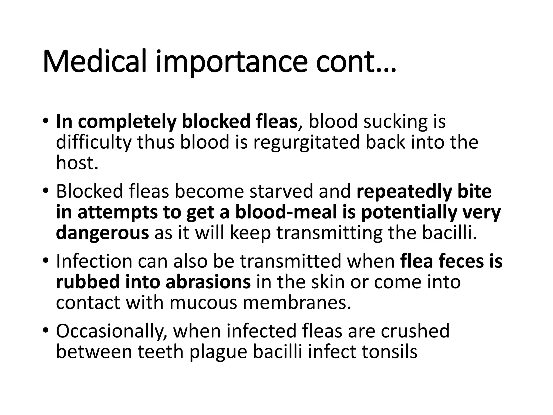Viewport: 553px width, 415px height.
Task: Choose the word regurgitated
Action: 306,143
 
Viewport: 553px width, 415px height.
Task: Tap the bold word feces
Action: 461,261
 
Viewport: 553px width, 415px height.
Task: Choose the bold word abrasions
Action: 208,282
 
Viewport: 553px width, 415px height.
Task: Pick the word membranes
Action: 297,303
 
